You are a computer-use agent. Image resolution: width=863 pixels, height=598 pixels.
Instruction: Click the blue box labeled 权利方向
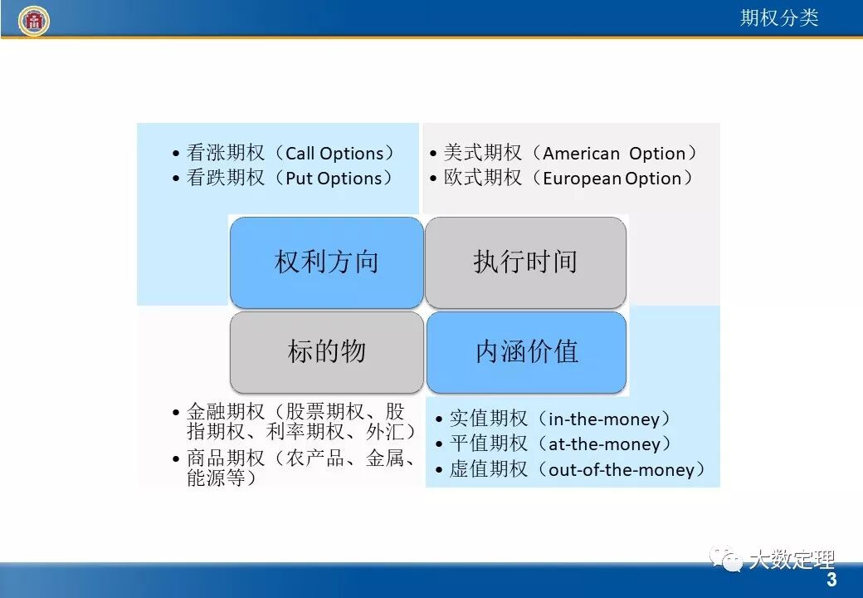(x=326, y=262)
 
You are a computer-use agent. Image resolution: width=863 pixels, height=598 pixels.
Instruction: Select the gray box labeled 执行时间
(x=525, y=262)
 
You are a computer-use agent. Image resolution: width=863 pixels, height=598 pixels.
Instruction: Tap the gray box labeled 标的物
(x=326, y=352)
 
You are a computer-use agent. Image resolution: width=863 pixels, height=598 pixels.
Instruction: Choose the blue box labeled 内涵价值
(x=526, y=352)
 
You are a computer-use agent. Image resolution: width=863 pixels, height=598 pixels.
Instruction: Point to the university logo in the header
(x=34, y=21)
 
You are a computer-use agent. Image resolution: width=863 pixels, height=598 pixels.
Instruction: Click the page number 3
(x=831, y=580)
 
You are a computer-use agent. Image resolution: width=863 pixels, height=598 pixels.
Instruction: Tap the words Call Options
(x=334, y=154)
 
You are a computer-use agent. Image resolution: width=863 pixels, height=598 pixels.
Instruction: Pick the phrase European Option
(x=612, y=179)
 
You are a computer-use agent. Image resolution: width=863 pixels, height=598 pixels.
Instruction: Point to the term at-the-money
(x=604, y=444)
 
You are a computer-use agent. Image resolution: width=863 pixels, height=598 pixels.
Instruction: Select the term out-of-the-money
(x=621, y=470)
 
